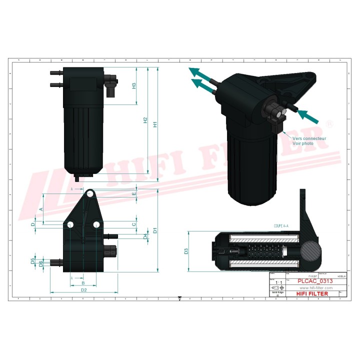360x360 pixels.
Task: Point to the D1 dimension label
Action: tap(155, 230)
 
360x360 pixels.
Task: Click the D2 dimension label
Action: tap(83, 289)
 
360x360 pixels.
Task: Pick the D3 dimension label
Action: tap(185, 250)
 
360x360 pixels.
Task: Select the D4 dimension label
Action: tap(145, 236)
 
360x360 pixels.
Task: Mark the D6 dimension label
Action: tap(41, 263)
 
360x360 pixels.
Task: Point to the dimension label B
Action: tap(83, 283)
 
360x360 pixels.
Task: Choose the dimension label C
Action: tap(134, 224)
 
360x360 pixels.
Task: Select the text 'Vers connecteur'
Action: tap(309, 138)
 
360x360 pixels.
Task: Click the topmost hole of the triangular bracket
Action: tap(90, 194)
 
